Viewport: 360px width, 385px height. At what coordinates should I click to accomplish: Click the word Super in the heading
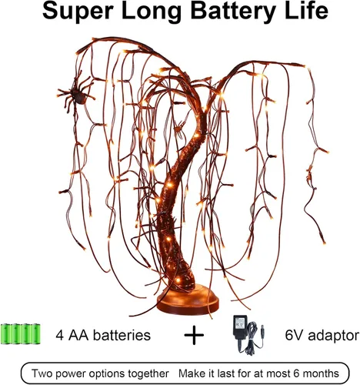click(78, 12)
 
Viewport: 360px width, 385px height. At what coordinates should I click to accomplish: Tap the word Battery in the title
click(233, 12)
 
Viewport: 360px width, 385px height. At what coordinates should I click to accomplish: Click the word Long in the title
click(152, 12)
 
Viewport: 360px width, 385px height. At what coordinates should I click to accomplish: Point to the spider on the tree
click(76, 93)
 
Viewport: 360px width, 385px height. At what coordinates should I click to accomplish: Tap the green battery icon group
click(21, 333)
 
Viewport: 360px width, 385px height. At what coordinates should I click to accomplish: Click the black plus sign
click(194, 335)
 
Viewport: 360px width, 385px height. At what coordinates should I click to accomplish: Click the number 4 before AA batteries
click(60, 335)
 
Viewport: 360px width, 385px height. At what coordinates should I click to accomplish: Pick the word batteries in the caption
click(122, 335)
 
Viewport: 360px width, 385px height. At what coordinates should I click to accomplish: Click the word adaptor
click(333, 336)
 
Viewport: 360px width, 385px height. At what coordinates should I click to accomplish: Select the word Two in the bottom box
click(40, 373)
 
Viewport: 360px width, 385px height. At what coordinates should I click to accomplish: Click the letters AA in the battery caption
click(78, 335)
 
